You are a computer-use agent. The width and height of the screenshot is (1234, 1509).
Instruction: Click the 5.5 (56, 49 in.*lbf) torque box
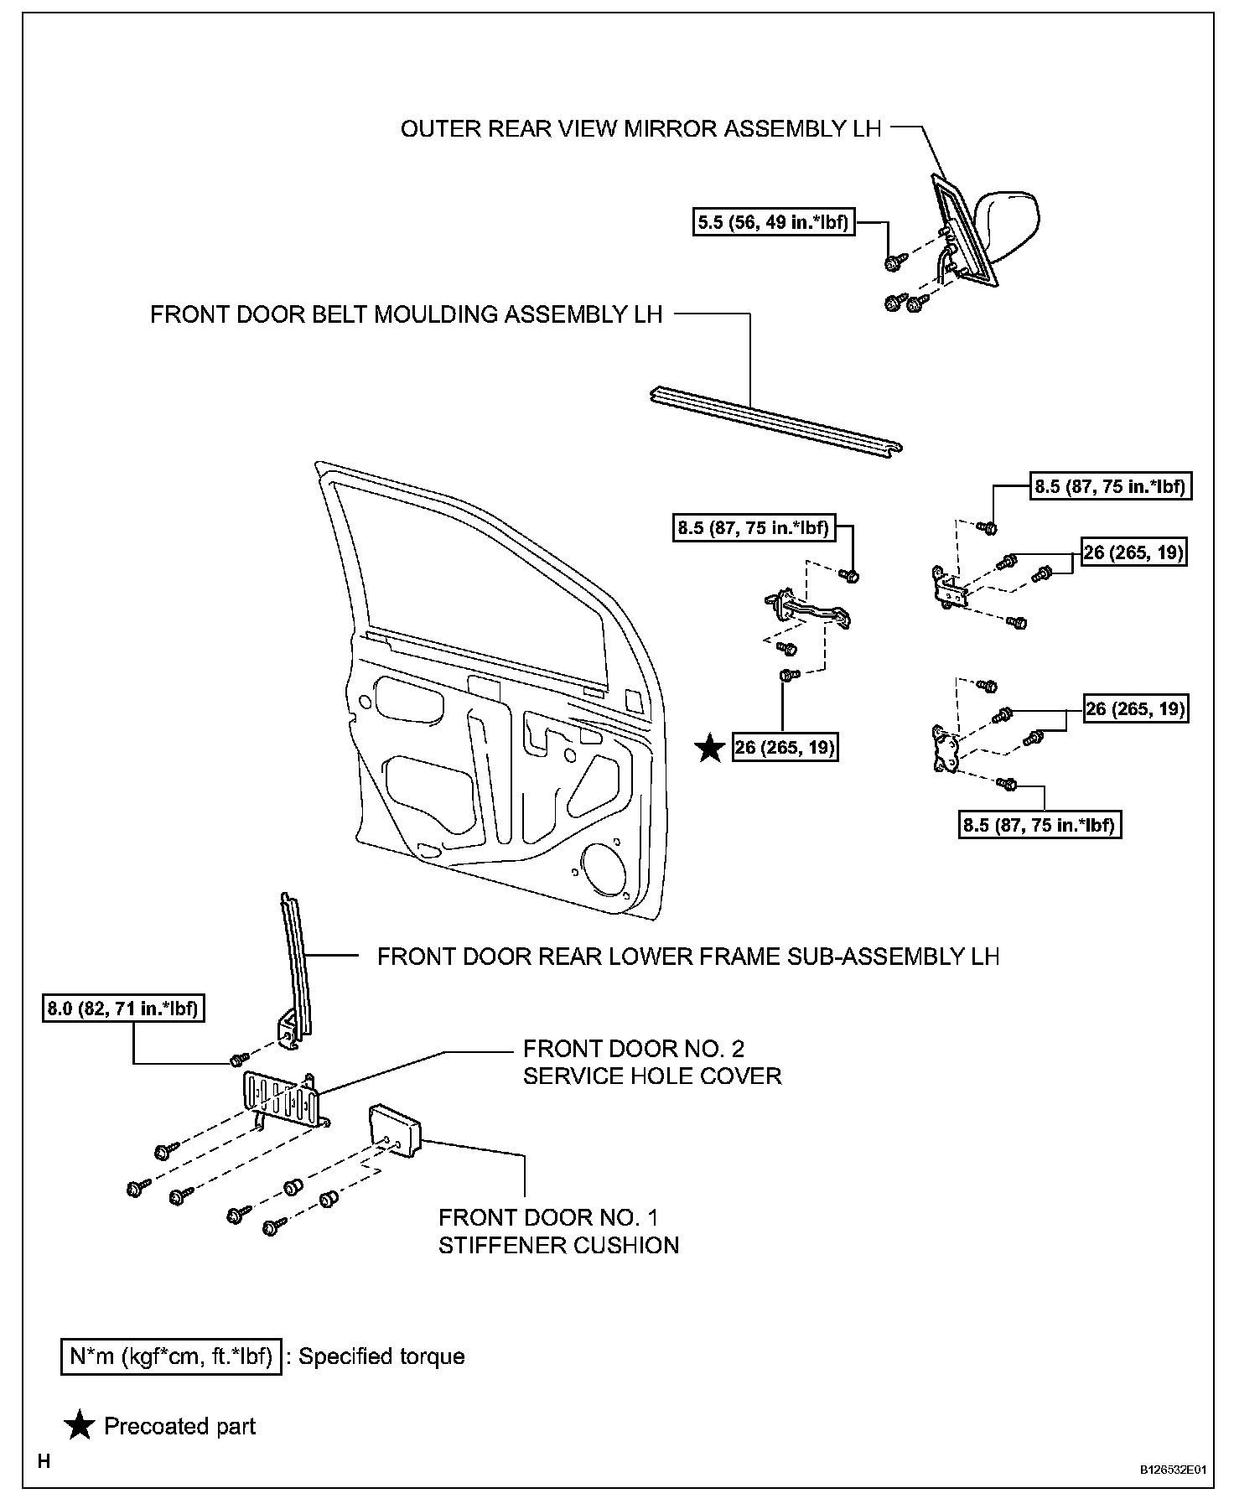[774, 223]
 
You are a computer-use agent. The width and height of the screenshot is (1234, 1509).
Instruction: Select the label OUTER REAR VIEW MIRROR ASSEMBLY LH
[640, 129]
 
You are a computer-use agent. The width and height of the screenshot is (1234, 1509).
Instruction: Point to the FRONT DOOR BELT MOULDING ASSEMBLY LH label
[407, 314]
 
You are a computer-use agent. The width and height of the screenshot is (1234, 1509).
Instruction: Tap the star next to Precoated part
[80, 1426]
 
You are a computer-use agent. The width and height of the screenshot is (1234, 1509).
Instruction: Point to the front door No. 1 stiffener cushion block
[396, 1130]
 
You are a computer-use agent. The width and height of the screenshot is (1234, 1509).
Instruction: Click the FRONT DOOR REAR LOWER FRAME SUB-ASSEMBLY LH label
[687, 957]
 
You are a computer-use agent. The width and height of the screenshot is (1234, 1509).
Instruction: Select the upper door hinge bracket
[951, 586]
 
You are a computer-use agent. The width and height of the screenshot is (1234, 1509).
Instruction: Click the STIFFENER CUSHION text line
[558, 1245]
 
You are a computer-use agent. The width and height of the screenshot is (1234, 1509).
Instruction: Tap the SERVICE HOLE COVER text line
[651, 1076]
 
